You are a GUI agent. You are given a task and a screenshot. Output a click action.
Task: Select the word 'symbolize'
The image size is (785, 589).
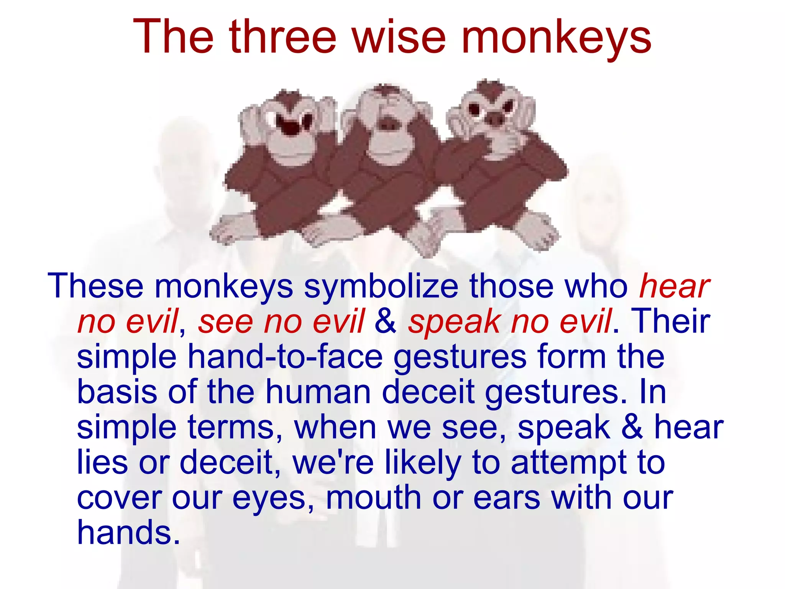click(x=381, y=286)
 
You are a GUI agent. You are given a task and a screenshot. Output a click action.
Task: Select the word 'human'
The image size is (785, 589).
click(x=318, y=392)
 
